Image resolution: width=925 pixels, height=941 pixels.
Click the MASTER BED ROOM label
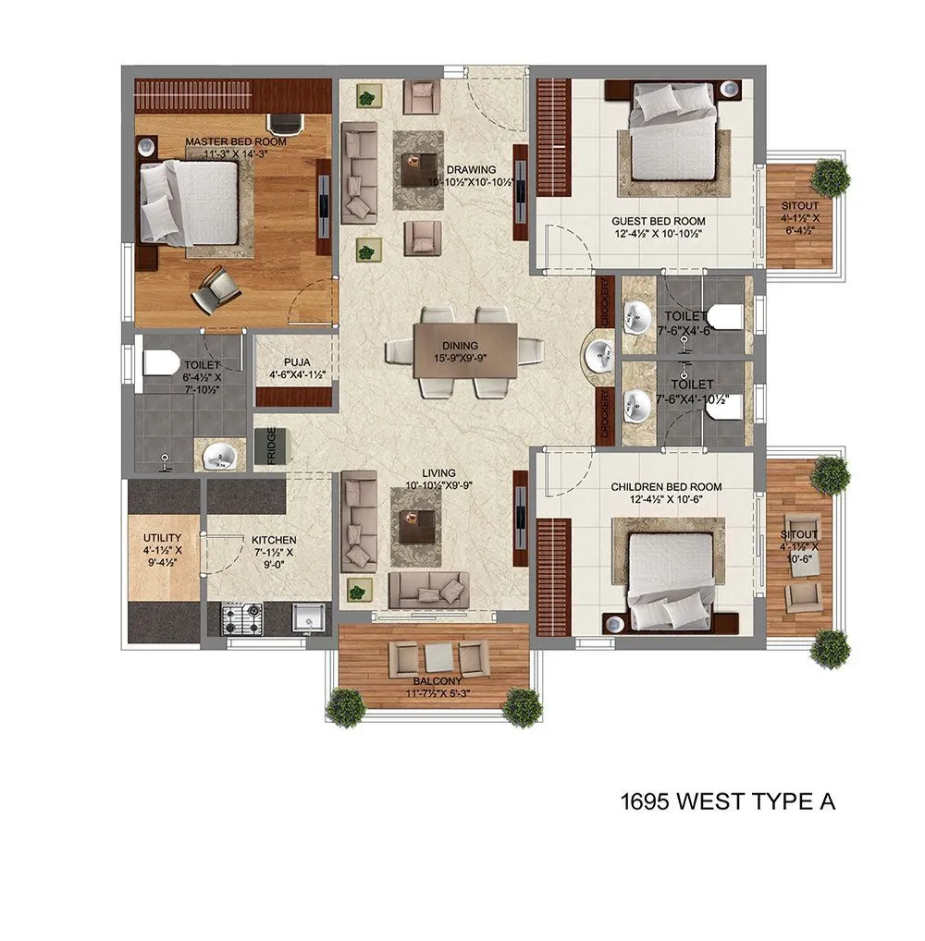coord(235,142)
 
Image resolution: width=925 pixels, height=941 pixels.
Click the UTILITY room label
coord(162,537)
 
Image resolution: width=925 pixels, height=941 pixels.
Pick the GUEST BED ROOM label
coord(658,221)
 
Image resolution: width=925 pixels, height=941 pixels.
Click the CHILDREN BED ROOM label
coord(666,487)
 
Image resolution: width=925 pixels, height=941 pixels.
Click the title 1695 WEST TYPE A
coord(728,801)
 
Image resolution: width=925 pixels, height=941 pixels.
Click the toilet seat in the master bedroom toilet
coord(160,362)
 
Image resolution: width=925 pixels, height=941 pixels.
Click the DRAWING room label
coord(471,170)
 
